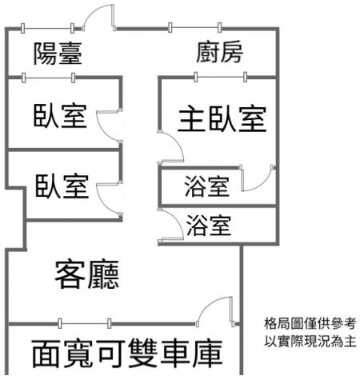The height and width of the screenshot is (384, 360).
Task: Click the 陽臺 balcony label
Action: pos(58,53)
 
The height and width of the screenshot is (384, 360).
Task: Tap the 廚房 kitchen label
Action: pos(219,52)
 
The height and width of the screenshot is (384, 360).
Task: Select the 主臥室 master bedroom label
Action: pos(222,118)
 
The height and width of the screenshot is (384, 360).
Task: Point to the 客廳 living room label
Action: pos(87,274)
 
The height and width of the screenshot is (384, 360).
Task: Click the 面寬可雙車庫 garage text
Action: pos(127,354)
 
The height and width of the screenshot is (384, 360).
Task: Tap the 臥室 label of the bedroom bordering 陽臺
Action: pos(60,115)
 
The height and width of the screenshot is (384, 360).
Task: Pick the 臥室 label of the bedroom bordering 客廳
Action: pos(62,186)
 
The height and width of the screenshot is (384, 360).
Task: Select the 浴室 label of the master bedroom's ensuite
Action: pos(207,186)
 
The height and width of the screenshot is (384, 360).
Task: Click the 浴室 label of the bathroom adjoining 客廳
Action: pos(209,226)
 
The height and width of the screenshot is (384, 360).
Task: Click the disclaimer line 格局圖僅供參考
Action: pos(310,323)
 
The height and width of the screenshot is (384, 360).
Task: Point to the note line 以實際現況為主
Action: pos(310,341)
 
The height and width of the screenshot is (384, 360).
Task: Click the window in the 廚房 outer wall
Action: pos(194,27)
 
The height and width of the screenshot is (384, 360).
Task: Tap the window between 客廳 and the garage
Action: pos(84,323)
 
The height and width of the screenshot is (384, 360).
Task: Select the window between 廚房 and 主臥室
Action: pos(221,77)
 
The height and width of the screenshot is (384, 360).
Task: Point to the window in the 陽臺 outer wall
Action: pos(47,28)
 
